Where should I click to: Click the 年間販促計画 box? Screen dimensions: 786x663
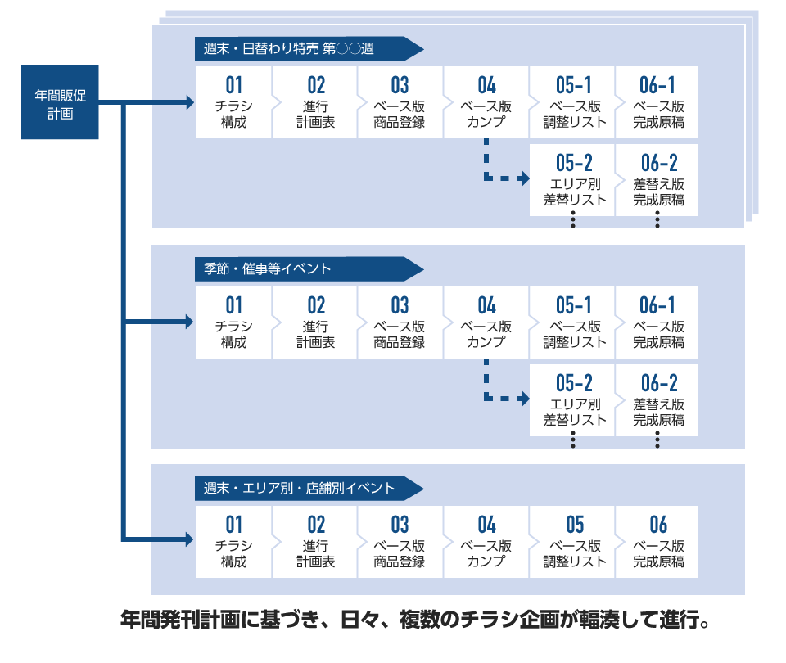60,102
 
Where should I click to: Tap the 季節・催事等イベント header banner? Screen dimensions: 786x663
309,268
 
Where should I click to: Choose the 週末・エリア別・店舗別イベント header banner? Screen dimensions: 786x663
309,488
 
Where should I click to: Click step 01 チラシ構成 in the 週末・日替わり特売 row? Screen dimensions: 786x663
233,102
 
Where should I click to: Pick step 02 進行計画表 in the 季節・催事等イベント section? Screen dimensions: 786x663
315,322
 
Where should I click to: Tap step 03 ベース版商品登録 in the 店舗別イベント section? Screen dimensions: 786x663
400,542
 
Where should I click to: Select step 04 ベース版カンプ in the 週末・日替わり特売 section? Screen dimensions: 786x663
486,102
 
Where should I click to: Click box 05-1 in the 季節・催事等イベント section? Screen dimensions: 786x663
572,322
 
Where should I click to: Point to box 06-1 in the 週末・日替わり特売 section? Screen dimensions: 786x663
657,102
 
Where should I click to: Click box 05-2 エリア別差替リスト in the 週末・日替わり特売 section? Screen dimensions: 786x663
572,180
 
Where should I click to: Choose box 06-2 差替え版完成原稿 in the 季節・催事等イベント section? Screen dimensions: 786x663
657,400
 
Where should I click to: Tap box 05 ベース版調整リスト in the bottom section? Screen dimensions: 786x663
572,542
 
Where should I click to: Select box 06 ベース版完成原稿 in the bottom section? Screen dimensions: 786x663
657,542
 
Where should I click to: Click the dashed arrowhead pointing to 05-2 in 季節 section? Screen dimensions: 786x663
524,399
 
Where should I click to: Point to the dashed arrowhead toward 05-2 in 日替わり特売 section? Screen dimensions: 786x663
524,178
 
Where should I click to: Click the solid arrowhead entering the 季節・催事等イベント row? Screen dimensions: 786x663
189,321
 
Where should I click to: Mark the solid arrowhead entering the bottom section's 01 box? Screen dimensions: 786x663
189,539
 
